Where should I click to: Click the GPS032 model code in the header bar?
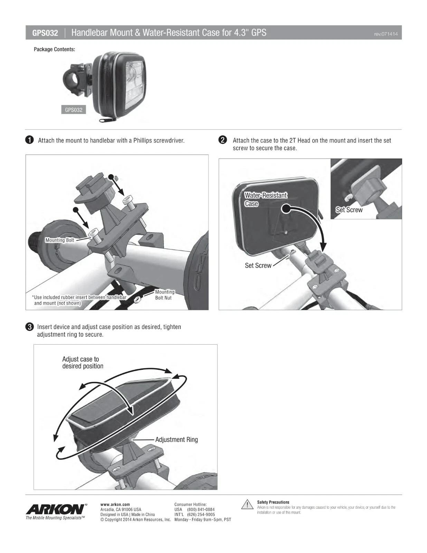pos(45,33)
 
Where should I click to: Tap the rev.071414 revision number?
pos(386,34)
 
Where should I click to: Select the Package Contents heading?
pos(55,49)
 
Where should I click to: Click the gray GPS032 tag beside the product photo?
pos(74,110)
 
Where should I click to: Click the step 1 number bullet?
pos(29,140)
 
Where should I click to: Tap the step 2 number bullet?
pos(223,140)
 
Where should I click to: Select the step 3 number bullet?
pos(29,327)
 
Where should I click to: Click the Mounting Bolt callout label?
pos(60,240)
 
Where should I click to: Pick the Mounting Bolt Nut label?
pos(165,295)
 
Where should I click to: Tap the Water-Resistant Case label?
pos(266,199)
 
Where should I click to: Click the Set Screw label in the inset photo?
pos(349,210)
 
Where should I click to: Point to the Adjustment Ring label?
pos(177,440)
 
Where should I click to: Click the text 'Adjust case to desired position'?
pos(83,363)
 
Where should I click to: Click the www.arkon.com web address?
pos(115,504)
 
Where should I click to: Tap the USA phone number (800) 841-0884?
pos(201,509)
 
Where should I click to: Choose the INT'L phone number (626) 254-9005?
pos(201,514)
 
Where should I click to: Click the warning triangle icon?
pos(247,505)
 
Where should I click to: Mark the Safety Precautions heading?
pos(273,502)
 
